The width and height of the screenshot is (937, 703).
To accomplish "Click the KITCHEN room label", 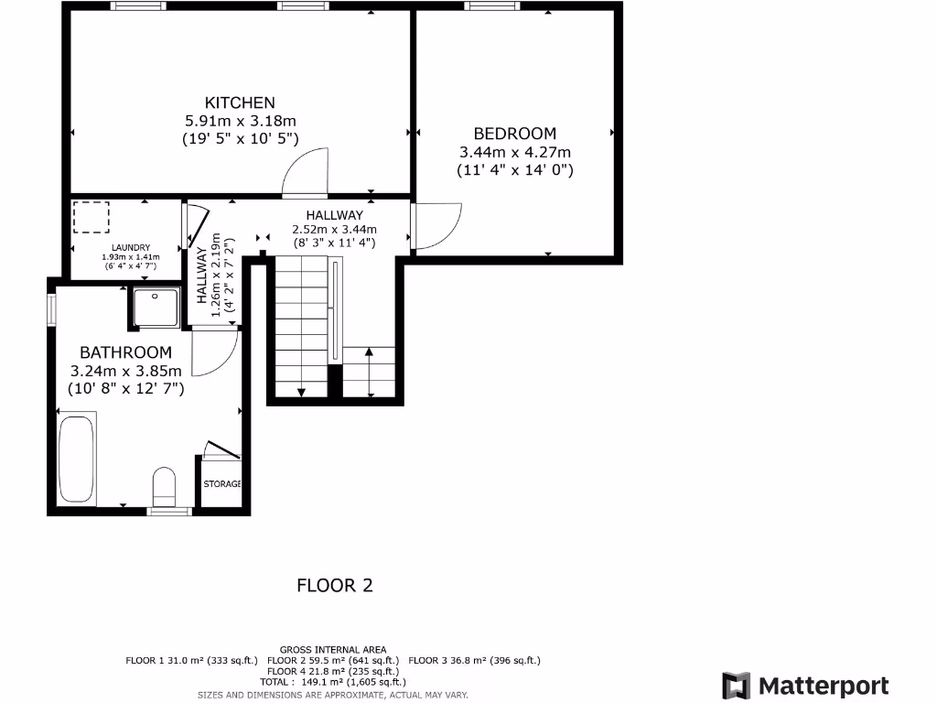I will tap(240, 103).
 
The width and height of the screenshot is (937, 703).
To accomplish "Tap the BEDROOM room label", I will tap(514, 134).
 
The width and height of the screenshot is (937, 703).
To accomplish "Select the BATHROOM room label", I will tap(125, 352).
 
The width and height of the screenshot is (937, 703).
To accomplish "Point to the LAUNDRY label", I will tap(131, 248).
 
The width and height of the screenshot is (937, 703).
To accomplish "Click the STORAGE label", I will tap(222, 483).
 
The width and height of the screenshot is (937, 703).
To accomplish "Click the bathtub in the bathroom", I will tap(77, 460).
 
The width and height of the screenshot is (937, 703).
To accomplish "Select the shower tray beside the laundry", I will tap(156, 307).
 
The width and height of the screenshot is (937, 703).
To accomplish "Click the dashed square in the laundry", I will tap(91, 218).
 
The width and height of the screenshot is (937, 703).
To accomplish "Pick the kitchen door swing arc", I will tap(302, 174).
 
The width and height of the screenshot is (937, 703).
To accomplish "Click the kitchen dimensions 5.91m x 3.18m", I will tap(240, 121).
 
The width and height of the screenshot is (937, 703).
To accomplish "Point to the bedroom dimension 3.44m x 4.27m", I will tap(514, 152).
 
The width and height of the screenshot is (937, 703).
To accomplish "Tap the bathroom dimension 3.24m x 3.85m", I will tap(125, 371).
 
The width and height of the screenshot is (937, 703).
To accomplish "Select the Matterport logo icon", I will tap(737, 686).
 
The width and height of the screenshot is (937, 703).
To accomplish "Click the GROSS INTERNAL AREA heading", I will tap(332, 650).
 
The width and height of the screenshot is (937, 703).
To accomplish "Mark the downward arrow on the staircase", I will tap(301, 392).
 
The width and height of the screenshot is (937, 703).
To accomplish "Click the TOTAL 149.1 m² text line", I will tap(332, 682).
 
